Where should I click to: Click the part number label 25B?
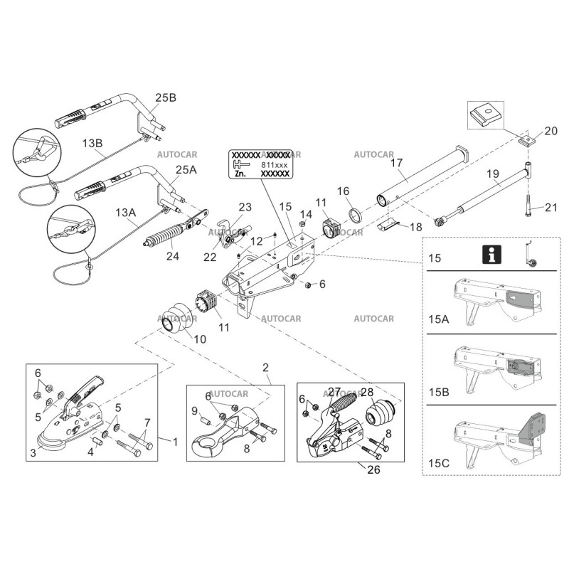point(165,97)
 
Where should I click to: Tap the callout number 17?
point(397,163)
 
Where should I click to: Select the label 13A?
point(125,213)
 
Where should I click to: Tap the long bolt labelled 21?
point(530,207)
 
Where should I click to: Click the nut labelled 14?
point(302,225)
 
